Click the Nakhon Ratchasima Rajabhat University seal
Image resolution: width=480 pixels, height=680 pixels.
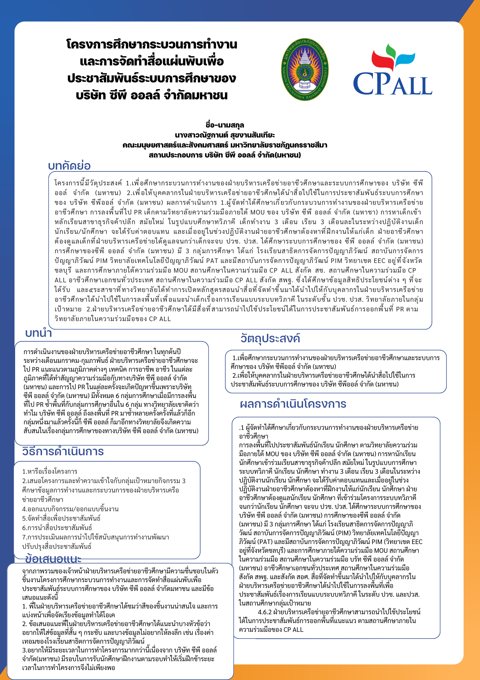(x=305, y=70)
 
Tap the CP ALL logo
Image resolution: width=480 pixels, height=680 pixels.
(x=392, y=71)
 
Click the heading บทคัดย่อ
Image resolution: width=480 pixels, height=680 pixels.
(x=69, y=166)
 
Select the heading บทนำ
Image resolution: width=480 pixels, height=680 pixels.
(x=39, y=333)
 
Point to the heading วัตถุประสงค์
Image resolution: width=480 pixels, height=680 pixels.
(x=270, y=338)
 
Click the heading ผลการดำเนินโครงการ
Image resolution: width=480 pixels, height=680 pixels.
(x=293, y=404)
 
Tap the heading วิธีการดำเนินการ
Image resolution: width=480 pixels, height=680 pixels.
(x=63, y=451)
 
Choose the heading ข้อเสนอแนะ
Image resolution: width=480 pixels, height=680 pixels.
(x=53, y=558)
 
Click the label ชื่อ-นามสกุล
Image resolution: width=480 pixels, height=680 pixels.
(x=225, y=125)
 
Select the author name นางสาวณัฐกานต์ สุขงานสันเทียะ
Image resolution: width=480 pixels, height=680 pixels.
(x=225, y=135)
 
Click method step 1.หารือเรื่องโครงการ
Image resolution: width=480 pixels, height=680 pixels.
(x=50, y=471)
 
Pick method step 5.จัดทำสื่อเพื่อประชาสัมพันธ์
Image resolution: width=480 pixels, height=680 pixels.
(x=61, y=518)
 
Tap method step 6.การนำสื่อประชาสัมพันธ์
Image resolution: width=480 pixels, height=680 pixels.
(x=57, y=528)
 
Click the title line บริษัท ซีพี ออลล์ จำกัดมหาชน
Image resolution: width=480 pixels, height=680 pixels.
(x=152, y=95)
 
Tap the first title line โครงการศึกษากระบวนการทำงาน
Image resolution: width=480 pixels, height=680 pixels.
(x=152, y=45)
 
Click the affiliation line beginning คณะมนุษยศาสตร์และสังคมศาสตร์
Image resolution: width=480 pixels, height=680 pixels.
(x=225, y=145)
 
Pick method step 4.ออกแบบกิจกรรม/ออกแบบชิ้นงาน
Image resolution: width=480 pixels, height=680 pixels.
(x=70, y=509)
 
